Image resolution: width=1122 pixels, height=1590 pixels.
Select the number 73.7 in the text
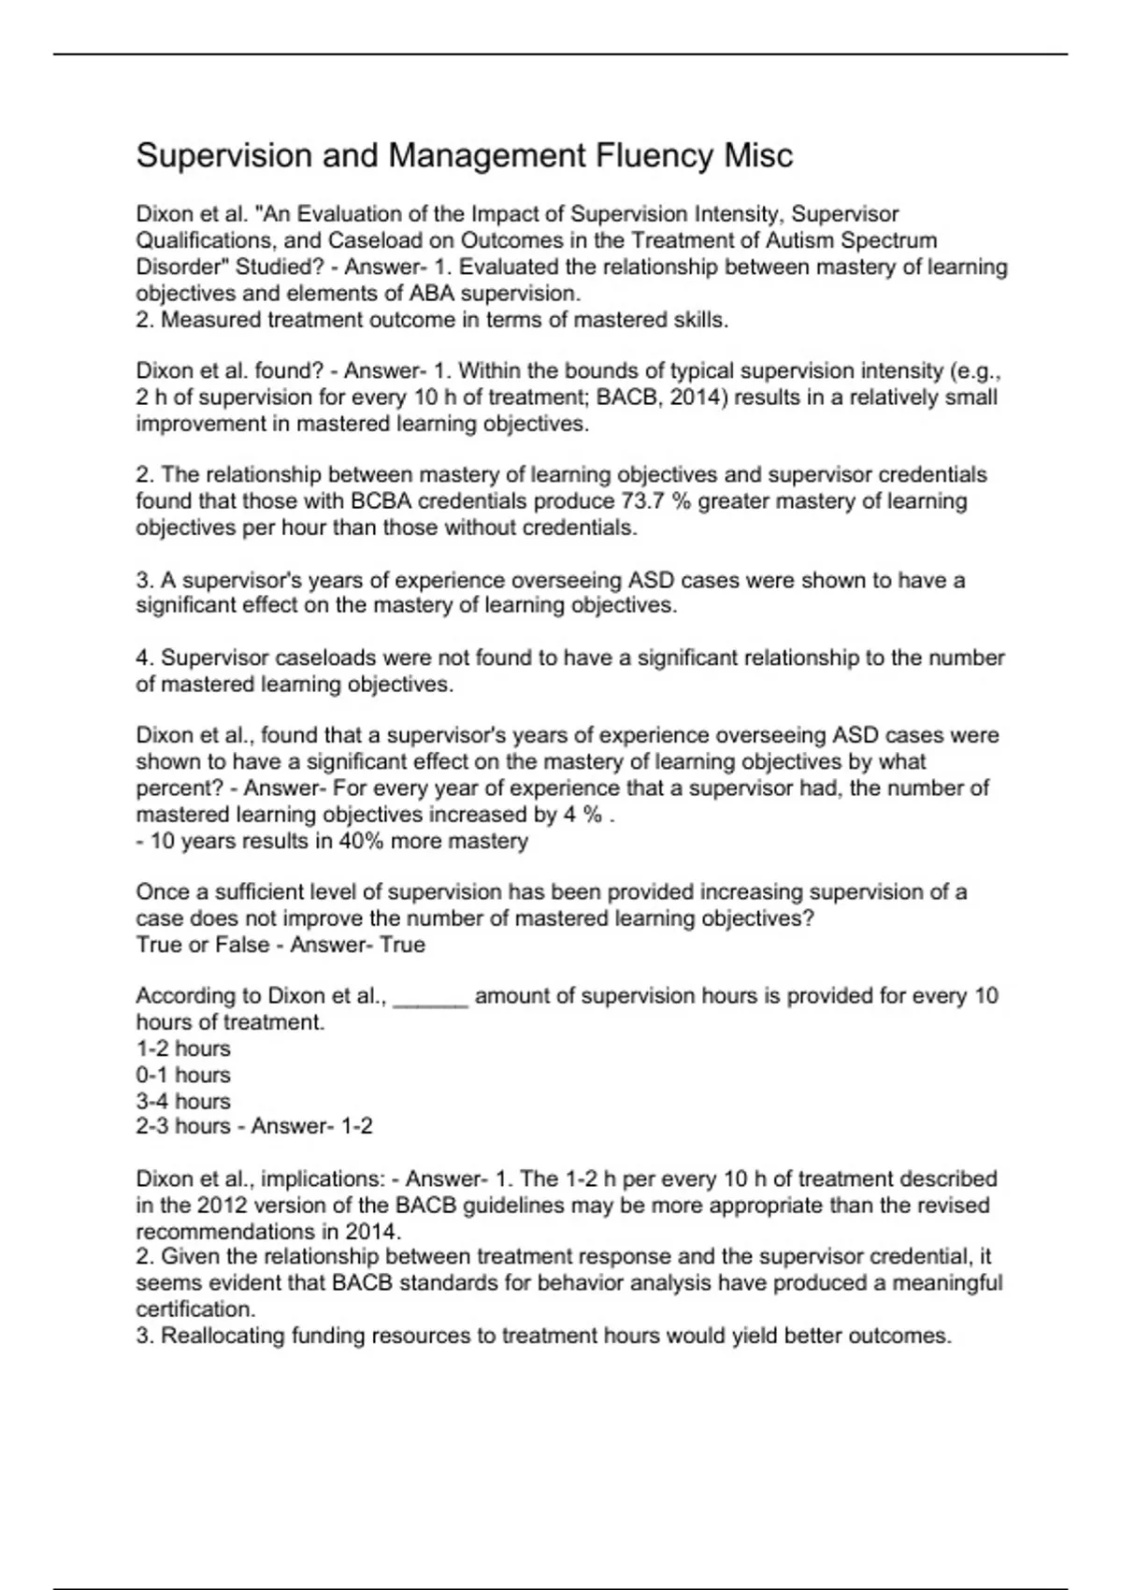click(642, 501)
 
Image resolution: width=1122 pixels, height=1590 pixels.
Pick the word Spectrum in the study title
click(891, 240)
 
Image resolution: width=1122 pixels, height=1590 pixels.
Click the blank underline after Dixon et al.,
click(431, 997)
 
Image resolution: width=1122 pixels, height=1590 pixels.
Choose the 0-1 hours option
click(183, 1075)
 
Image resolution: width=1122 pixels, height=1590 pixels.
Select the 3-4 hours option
click(183, 1101)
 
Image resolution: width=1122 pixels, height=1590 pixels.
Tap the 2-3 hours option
click(183, 1126)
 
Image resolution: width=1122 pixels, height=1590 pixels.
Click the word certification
click(194, 1309)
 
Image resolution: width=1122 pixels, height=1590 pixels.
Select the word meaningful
click(946, 1283)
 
